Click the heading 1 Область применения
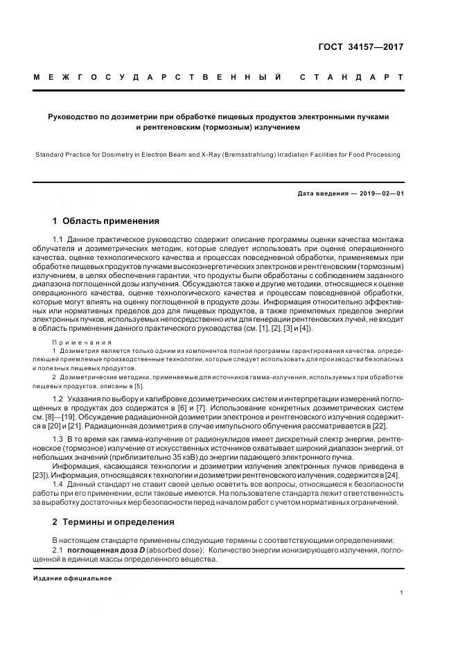point(106,221)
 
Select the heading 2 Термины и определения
point(114,521)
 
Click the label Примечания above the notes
point(82,343)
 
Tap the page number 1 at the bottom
point(402,592)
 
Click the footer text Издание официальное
point(73,578)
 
